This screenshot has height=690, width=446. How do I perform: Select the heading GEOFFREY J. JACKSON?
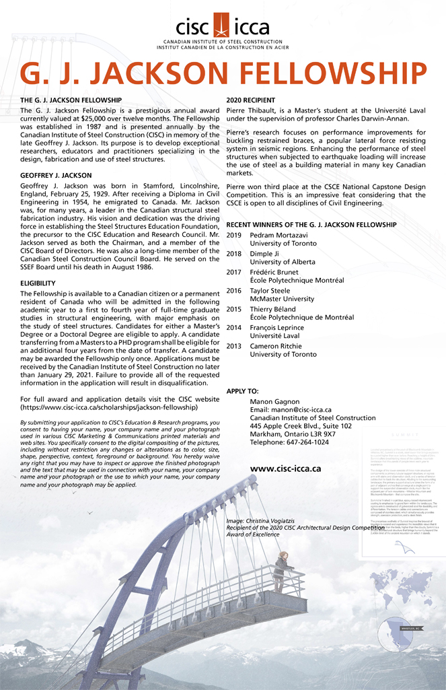tap(56, 175)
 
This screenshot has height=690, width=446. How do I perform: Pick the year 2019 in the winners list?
tap(234, 236)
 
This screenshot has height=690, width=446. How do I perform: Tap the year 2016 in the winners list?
tap(234, 290)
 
